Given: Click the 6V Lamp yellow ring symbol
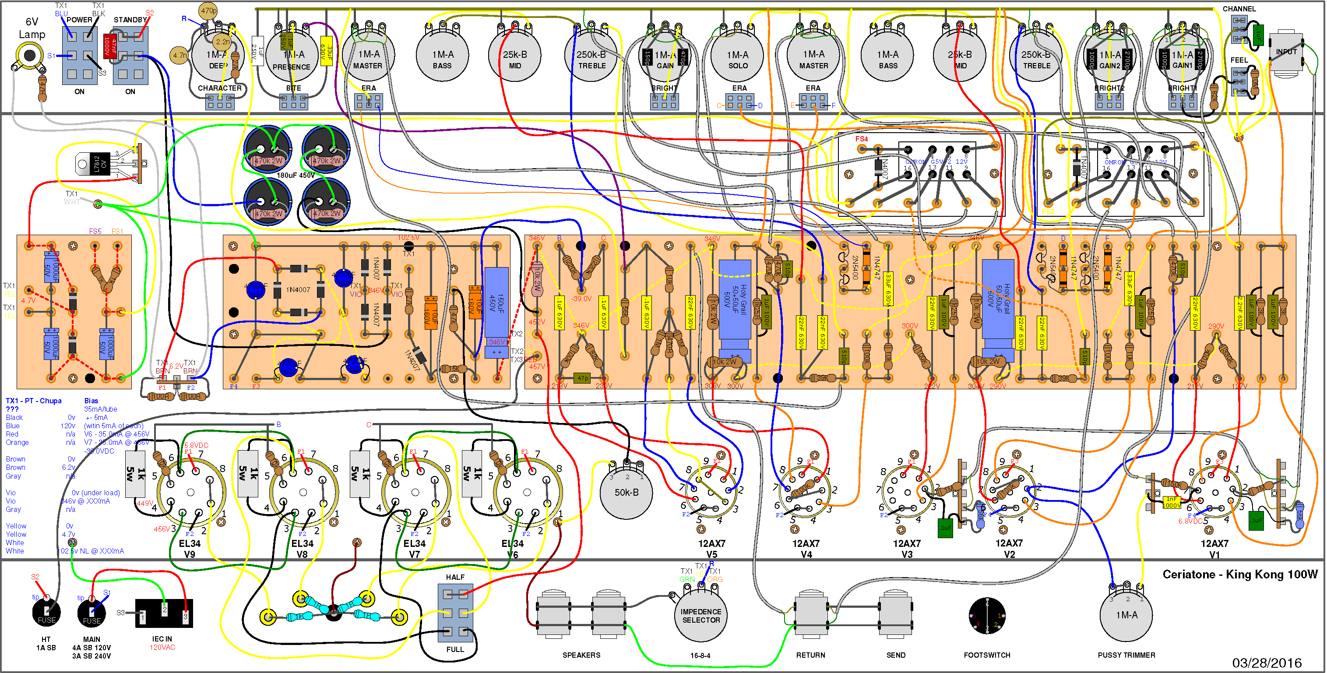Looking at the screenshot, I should pos(29,55).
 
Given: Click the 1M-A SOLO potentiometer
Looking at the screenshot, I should pos(737,56).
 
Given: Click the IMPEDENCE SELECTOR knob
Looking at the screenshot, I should pos(700,615).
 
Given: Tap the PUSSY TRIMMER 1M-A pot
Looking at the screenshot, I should pos(1126,615).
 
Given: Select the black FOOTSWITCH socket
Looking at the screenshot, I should pos(986,615).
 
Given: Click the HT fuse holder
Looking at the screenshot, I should pos(46,612).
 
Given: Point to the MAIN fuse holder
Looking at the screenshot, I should pos(91,613).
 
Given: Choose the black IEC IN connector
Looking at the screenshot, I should pos(164,613).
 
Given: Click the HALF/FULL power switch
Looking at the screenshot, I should pos(455,613).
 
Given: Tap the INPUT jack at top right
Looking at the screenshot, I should pos(1286,53).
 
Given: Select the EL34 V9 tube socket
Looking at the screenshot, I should pos(190,492).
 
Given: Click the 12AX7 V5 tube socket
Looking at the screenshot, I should pos(711,492).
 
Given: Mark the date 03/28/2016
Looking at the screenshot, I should pos(1266,662).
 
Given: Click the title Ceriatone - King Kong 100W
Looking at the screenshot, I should pos(1239,574).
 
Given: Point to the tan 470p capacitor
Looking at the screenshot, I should pos(209,11).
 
